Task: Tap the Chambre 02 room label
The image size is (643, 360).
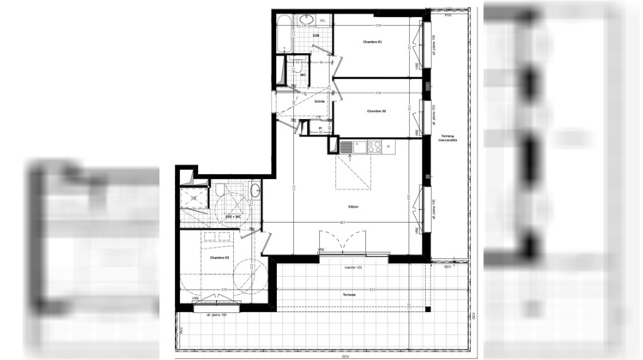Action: (376, 111)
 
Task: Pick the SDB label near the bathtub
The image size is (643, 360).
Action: (315, 36)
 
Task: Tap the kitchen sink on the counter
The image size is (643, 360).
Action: (346, 147)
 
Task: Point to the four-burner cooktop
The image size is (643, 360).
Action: (375, 147)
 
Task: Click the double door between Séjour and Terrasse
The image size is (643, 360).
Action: (345, 242)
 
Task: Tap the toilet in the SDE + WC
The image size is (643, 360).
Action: (220, 189)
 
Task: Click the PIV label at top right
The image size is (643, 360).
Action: (446, 15)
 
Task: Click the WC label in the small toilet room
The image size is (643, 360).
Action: (303, 74)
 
